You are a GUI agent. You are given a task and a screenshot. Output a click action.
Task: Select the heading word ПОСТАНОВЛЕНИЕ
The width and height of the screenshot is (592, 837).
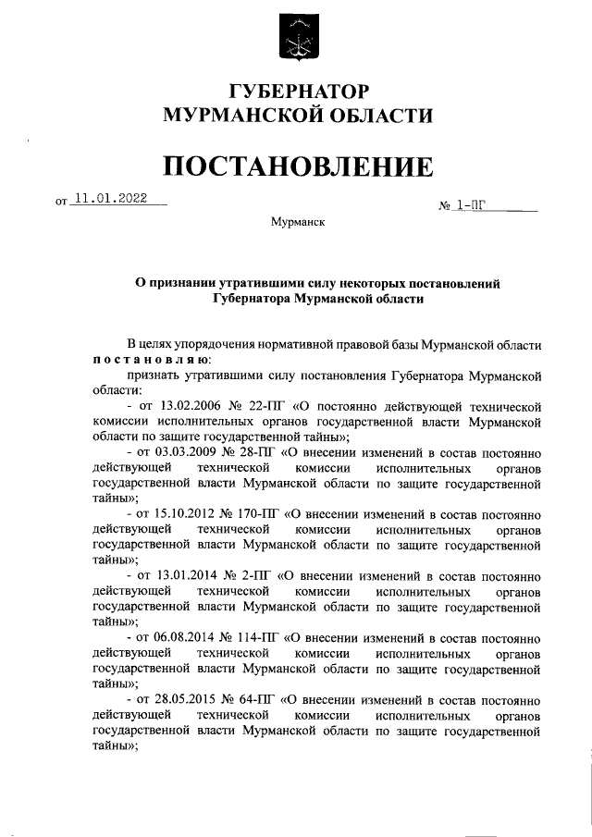click(x=297, y=166)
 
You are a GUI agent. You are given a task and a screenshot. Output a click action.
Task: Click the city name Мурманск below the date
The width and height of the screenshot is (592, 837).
click(x=297, y=223)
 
